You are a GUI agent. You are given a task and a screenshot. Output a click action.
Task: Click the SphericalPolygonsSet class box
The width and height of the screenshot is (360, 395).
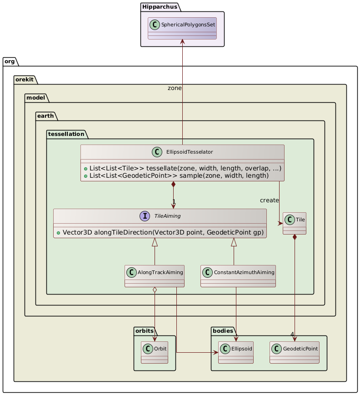[x=182, y=29]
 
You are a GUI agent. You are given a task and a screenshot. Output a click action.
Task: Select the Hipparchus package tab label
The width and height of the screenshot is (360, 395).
[x=154, y=7]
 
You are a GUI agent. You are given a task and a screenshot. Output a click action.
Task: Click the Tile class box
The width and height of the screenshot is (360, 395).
[x=294, y=223]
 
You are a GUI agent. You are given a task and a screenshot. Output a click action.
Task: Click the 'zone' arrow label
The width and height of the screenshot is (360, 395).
[x=175, y=88]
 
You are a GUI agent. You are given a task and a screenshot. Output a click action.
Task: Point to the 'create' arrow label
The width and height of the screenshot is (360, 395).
[x=269, y=200]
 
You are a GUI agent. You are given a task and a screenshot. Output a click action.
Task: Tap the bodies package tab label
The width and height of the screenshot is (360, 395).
[x=223, y=331]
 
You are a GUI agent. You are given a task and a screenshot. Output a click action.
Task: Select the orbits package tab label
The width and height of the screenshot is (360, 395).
[x=145, y=331]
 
